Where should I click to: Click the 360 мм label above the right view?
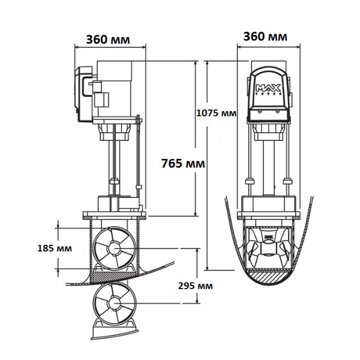265,36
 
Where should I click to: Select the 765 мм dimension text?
182,163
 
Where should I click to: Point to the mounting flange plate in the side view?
113,214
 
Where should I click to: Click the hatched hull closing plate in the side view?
113,277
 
